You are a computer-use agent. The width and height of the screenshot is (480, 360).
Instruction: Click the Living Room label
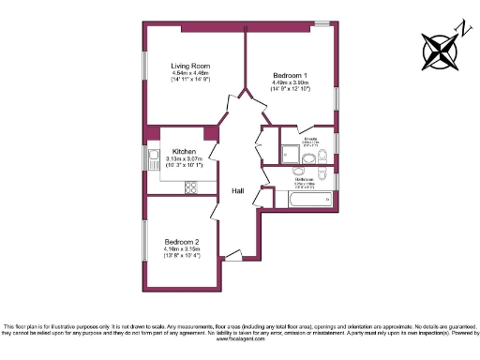189,66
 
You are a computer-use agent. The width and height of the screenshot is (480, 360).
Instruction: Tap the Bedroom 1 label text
290,74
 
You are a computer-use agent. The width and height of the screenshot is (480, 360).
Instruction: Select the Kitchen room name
183,152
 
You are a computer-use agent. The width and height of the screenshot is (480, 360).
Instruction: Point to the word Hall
239,191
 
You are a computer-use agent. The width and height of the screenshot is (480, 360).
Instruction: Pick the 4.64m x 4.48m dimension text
189,73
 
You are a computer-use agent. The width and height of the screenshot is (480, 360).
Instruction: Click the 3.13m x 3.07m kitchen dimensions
184,159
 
